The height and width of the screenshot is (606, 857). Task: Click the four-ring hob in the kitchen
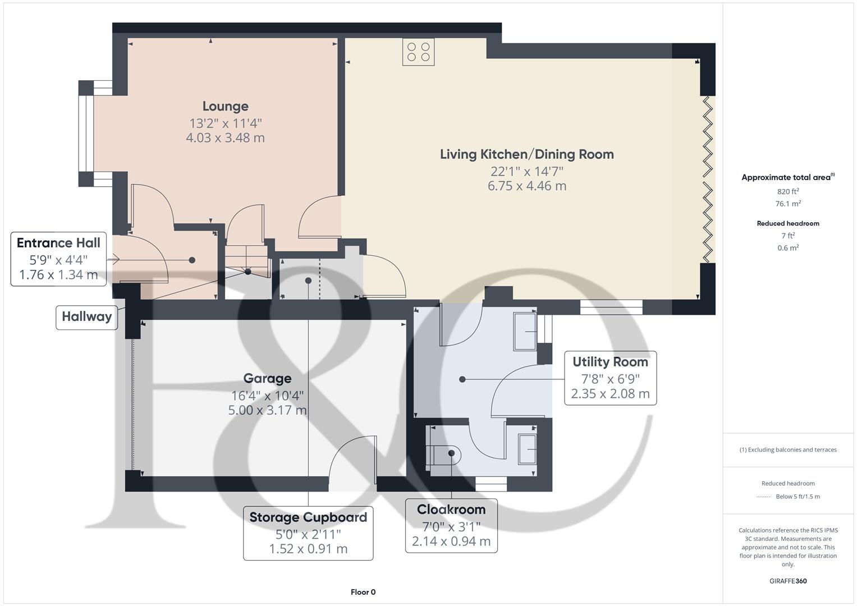(x=418, y=52)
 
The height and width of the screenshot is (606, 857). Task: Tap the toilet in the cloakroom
(x=443, y=453)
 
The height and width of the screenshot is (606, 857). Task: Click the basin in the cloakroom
(x=527, y=449)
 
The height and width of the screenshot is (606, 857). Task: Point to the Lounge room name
(x=225, y=106)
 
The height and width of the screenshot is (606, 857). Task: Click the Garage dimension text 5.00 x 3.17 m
(x=267, y=410)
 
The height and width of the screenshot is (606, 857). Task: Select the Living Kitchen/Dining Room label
(x=526, y=154)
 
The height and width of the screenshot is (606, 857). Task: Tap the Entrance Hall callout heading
(x=58, y=243)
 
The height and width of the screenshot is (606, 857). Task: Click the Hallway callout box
(x=86, y=316)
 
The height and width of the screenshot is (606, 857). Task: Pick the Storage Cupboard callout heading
(x=308, y=517)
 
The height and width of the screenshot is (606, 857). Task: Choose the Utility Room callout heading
(x=610, y=362)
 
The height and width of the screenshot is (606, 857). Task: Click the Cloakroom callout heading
(x=451, y=509)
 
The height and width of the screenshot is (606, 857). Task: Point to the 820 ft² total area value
(x=788, y=191)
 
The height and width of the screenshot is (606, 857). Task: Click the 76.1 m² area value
(x=788, y=204)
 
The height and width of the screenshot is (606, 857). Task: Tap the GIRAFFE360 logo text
(x=788, y=581)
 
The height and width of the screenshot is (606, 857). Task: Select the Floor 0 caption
(x=363, y=592)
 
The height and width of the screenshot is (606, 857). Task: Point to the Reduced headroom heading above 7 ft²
(x=788, y=223)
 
